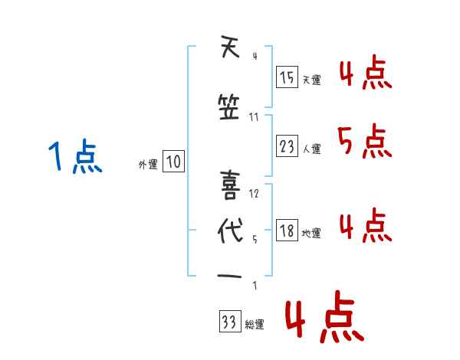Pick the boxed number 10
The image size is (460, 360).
(x=173, y=162)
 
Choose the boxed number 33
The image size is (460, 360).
(x=229, y=323)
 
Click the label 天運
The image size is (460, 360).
(x=311, y=79)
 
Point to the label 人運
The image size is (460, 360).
(x=311, y=149)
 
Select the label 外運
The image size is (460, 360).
(x=147, y=164)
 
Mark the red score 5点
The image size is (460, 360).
(x=362, y=142)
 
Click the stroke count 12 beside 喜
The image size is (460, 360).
(x=254, y=193)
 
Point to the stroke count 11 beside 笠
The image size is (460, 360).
(x=254, y=116)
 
